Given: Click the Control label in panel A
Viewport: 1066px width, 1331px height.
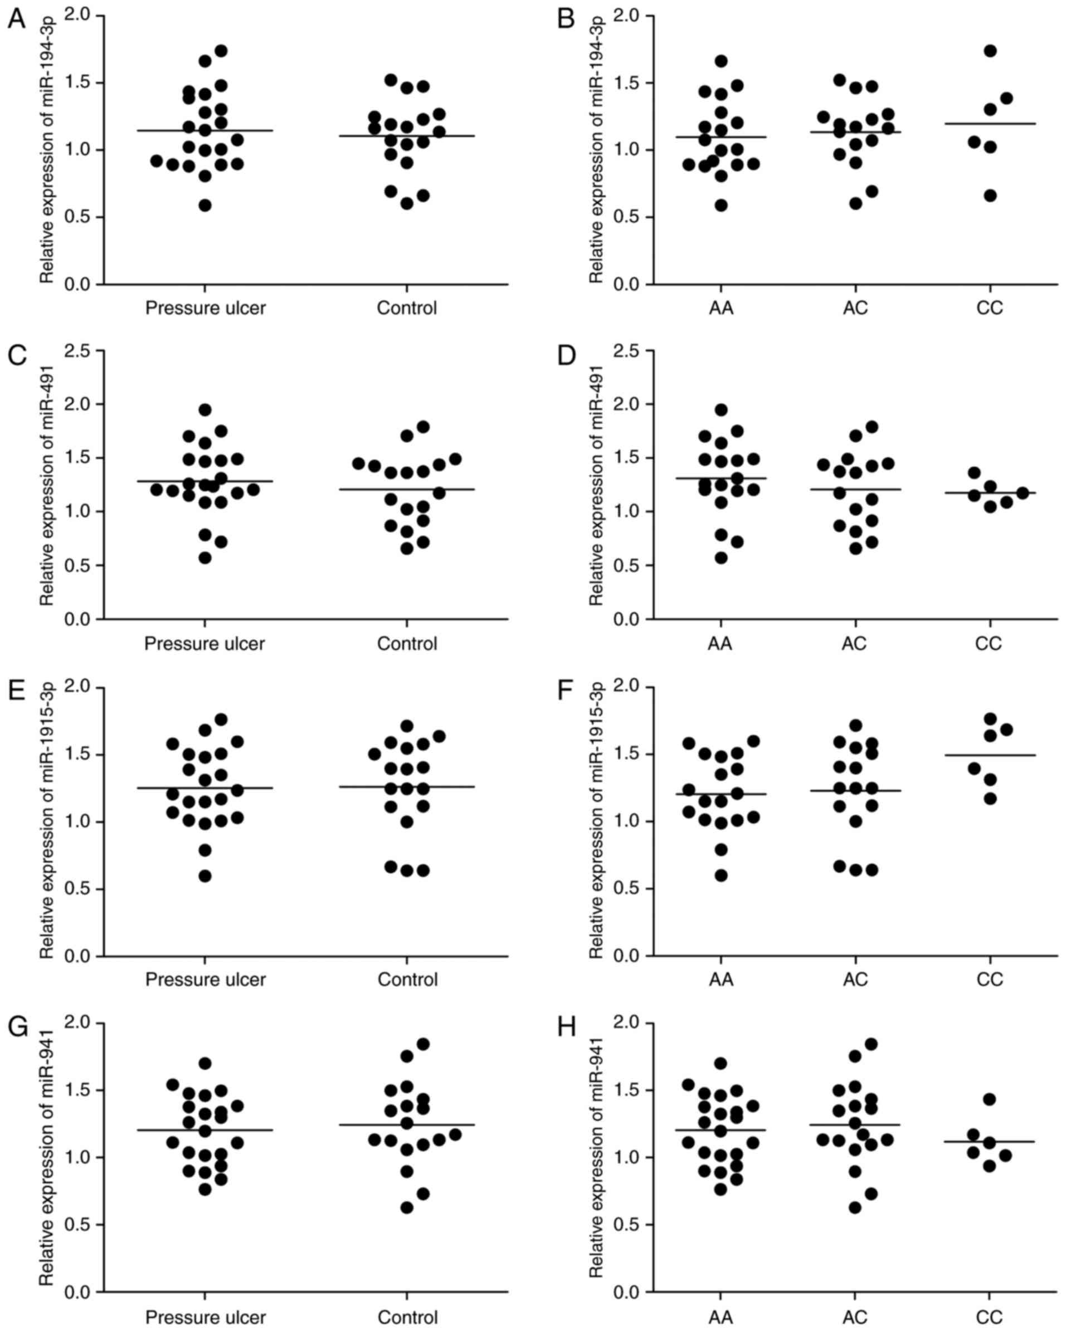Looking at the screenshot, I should click(406, 307).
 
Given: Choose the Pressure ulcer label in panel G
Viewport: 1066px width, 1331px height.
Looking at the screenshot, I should click(205, 1315).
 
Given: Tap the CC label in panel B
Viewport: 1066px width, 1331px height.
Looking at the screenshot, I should click(990, 307).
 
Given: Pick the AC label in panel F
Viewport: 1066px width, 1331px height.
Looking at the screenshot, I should click(855, 979).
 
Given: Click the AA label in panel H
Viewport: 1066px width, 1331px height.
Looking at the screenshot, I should click(721, 1315).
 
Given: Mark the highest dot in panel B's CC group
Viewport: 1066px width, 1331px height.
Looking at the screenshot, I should click(990, 51).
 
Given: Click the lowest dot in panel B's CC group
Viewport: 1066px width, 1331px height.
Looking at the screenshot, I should click(990, 195).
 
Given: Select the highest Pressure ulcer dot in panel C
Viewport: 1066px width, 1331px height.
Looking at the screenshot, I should click(205, 410).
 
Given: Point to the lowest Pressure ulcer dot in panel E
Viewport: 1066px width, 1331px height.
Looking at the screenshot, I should click(205, 876).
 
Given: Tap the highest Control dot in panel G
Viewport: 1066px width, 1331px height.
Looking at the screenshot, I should click(423, 1044).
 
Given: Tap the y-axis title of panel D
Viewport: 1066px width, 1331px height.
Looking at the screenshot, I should click(596, 485).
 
